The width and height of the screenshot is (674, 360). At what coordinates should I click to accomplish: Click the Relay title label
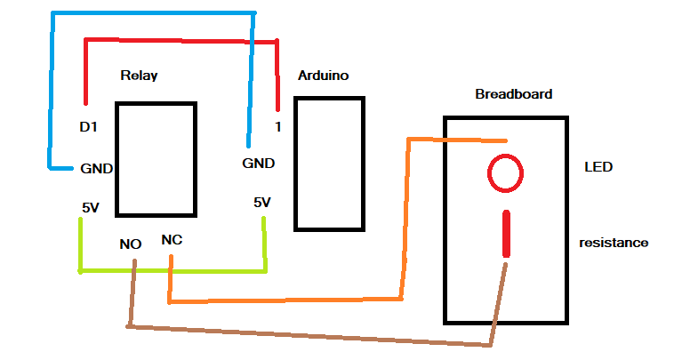pos(139,76)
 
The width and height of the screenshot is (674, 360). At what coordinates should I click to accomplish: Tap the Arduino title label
pos(324,76)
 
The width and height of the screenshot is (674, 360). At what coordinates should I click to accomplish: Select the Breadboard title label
pos(514,94)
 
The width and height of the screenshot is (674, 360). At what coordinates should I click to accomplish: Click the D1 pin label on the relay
pos(89,127)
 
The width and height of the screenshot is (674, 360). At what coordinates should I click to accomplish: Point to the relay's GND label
pos(97,168)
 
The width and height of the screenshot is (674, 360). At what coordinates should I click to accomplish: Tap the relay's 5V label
pos(91,208)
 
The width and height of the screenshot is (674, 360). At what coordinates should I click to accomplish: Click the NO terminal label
pos(131,244)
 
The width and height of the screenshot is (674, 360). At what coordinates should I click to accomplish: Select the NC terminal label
pos(172,240)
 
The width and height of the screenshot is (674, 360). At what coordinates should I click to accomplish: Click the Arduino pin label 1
pos(278,127)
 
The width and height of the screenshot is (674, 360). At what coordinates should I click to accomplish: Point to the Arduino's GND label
pos(259,164)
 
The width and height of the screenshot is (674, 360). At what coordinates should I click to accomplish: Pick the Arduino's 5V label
pos(262,203)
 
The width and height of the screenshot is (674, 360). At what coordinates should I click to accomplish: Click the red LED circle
pos(505,155)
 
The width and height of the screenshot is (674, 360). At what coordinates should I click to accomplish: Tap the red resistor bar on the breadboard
pos(506,234)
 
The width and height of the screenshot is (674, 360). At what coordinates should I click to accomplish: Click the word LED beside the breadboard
pos(598,167)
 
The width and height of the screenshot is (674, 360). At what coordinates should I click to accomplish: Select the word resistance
pos(614,243)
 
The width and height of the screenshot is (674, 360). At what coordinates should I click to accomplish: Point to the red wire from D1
pos(181,41)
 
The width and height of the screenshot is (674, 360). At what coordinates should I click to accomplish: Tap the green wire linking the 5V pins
pos(172,271)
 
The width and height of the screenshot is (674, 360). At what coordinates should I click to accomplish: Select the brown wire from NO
pos(309,336)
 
